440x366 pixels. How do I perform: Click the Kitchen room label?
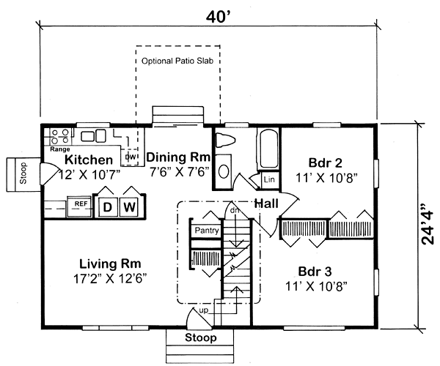click(x=88, y=160)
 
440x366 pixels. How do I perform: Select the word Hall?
click(x=265, y=204)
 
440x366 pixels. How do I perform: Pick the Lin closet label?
click(x=268, y=179)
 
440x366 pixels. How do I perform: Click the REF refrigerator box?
click(x=79, y=204)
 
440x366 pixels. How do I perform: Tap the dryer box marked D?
click(x=109, y=206)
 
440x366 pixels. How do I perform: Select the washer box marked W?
click(x=129, y=206)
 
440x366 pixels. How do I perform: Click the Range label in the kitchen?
click(x=59, y=149)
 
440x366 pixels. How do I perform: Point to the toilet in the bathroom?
click(x=225, y=141)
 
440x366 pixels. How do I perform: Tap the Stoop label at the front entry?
click(x=200, y=338)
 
